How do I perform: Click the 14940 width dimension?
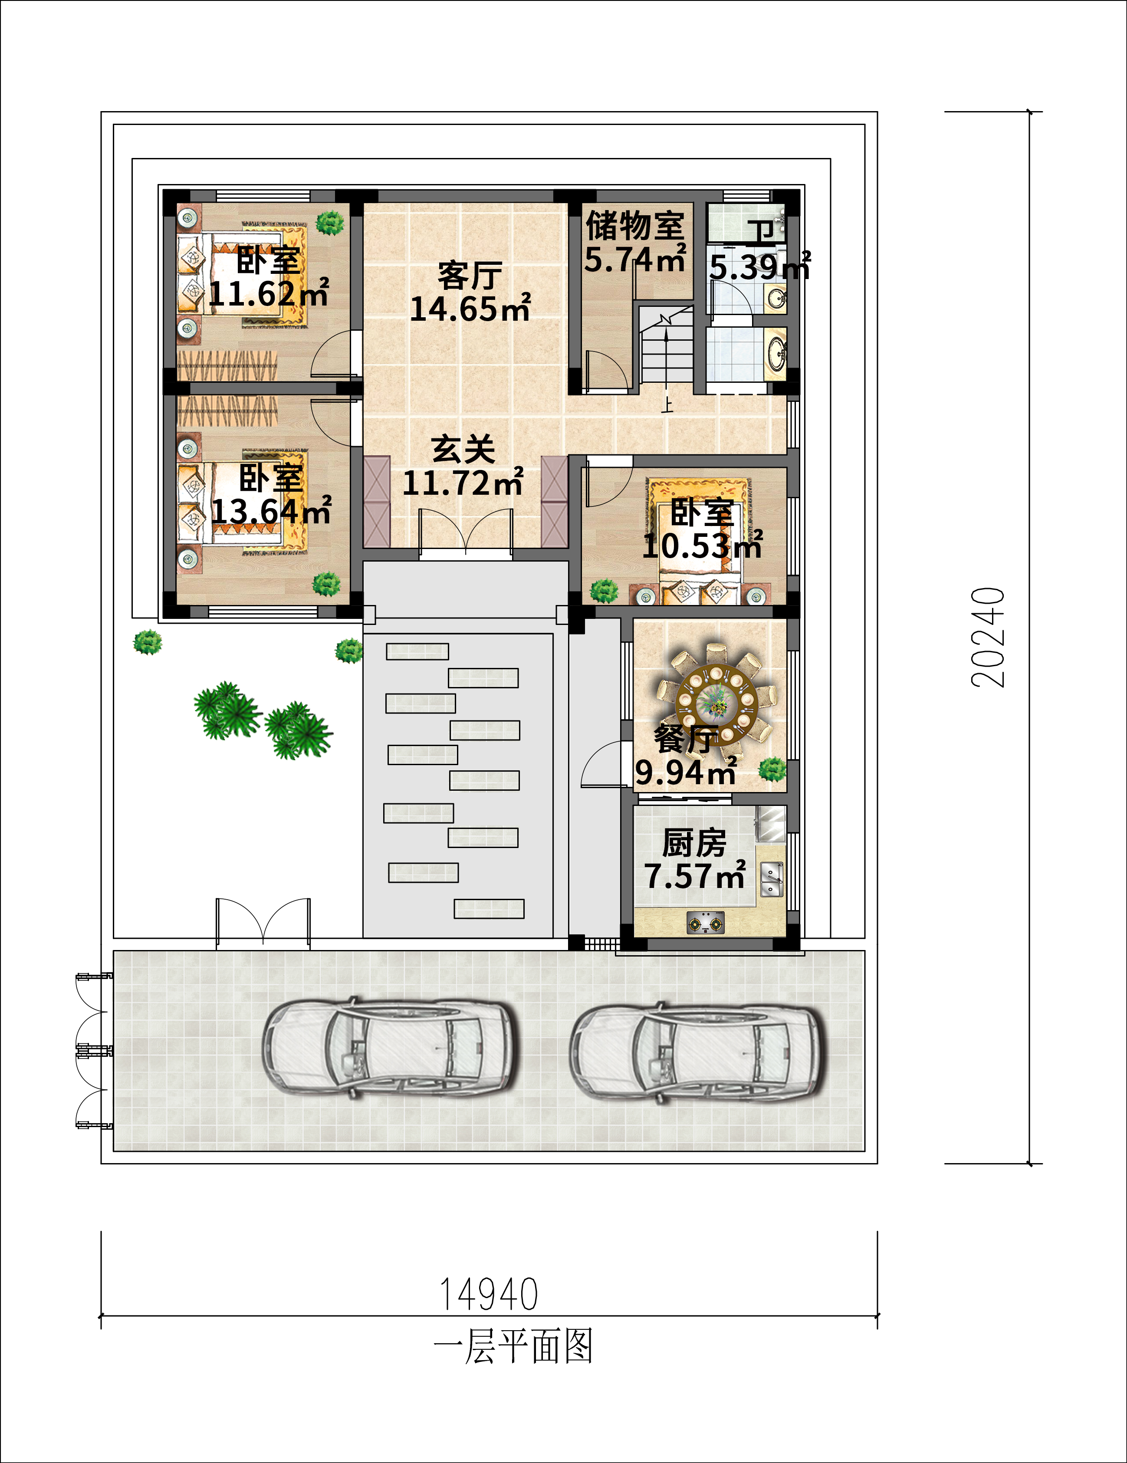pos(489,1294)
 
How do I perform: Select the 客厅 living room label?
pos(470,275)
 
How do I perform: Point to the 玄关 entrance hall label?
pos(463,449)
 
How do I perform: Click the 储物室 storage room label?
pos(635,225)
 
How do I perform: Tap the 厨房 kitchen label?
pos(694,843)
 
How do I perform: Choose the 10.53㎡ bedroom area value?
pos(703,545)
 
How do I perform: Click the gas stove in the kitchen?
pos(706,923)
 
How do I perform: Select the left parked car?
pos(388,1049)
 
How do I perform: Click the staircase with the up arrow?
pos(666,345)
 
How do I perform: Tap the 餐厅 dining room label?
pos(687,739)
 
